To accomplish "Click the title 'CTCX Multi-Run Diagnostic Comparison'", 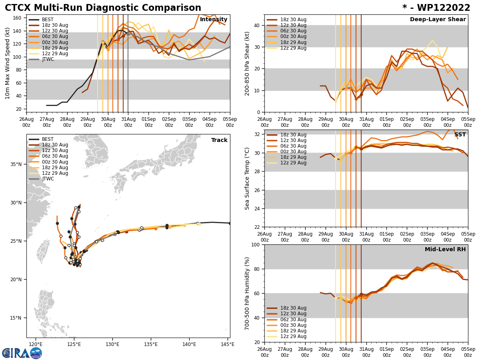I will pos(103,8).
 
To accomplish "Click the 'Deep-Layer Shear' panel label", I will pos(438,20).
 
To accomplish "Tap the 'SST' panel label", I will pos(460,135).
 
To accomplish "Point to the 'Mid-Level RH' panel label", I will pos(445,250).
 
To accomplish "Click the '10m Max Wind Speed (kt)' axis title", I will pos(8,63).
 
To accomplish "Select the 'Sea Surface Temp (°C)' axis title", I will pos(247,178).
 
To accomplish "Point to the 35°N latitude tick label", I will pos(16,164).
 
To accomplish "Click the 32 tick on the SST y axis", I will pos(256,134).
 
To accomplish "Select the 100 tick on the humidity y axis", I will pos(254,245).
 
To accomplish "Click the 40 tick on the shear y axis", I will pos(256,26).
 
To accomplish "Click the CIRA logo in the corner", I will pos(22,353).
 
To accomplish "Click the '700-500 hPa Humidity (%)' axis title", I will pos(247,293).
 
